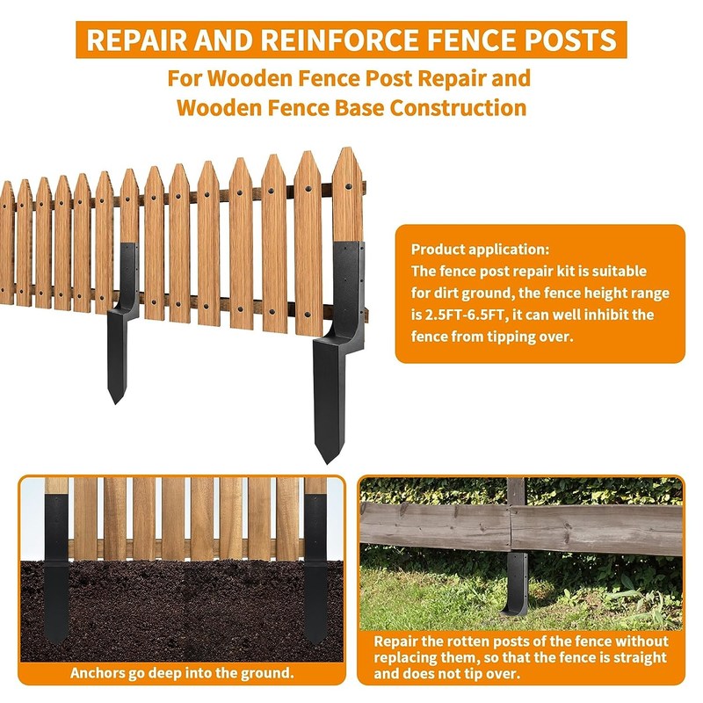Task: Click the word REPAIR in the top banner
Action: [136, 40]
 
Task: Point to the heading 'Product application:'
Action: [480, 250]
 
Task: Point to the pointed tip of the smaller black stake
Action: [116, 402]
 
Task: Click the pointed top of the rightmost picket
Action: [346, 149]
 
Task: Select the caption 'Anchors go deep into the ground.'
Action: [182, 673]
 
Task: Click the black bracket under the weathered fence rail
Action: [516, 583]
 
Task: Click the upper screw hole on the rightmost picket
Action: [347, 185]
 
